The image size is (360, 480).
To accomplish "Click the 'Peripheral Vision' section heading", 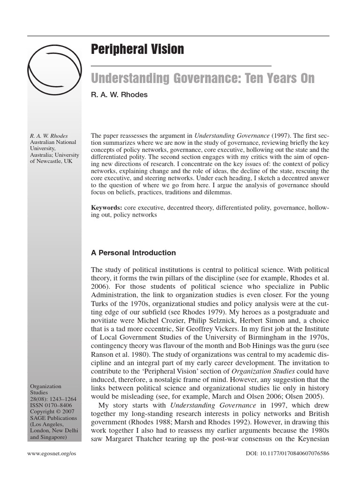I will click(x=137, y=49).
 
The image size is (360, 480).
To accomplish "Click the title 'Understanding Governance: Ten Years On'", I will click(x=202, y=78).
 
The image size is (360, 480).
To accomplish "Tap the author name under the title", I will click(x=119, y=95).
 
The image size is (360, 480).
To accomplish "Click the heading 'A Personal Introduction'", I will click(x=134, y=253).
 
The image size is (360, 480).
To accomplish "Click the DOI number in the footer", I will click(x=287, y=454).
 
